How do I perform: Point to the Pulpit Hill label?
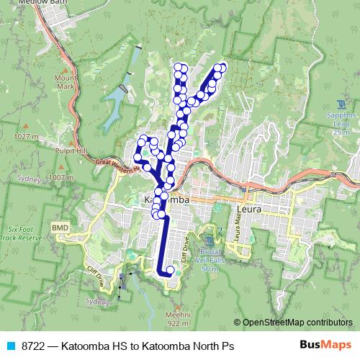point(71,150)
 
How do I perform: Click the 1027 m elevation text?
point(24,136)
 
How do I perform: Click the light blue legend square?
point(9,346)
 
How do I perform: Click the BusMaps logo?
point(324,345)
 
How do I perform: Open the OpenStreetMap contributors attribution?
point(298,322)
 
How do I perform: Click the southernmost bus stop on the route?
point(170,271)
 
